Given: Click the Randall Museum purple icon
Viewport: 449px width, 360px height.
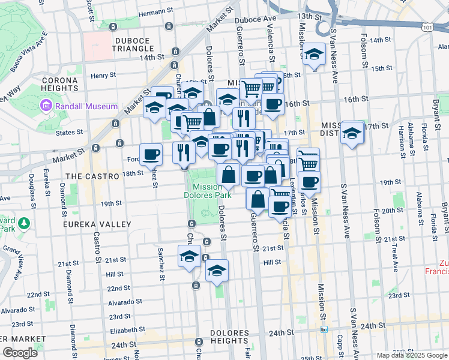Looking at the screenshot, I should coord(46,106).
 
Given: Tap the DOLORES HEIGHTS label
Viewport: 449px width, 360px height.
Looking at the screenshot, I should coord(229,338).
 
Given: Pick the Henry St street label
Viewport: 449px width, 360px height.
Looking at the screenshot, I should coord(103,76).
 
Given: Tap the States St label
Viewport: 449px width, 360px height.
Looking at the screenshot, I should coord(69,132).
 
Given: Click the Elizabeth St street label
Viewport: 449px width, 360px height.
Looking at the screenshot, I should coord(127,329).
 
